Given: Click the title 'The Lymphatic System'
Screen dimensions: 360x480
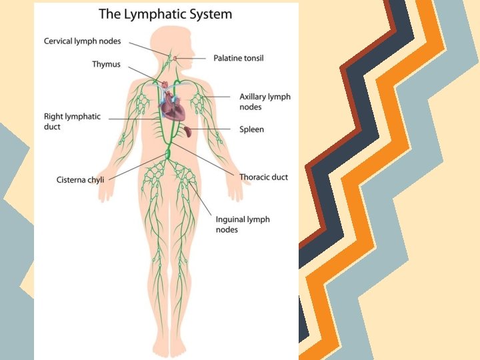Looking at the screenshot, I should click(x=166, y=13).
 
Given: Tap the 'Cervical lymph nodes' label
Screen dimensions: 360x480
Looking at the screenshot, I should click(x=83, y=41).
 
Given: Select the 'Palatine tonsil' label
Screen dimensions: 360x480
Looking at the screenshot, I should click(x=238, y=58).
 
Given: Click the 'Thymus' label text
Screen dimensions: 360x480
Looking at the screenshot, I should click(x=106, y=65).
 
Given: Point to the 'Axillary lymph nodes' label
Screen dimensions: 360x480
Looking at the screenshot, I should click(x=265, y=101).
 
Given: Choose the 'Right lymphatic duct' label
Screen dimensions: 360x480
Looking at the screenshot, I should click(x=72, y=121).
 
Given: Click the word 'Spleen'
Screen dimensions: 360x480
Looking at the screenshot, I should click(x=251, y=129).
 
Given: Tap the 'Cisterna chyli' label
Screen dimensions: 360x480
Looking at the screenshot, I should click(x=80, y=179).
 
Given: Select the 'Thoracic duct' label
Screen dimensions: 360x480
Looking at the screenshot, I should click(x=263, y=177).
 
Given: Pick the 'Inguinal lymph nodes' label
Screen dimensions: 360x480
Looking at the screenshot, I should click(x=243, y=224).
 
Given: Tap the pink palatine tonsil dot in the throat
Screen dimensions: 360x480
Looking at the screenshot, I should click(x=175, y=59).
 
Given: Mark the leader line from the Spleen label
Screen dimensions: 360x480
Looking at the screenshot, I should click(x=213, y=129).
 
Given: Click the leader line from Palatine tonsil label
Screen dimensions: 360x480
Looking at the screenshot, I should click(x=193, y=58).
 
